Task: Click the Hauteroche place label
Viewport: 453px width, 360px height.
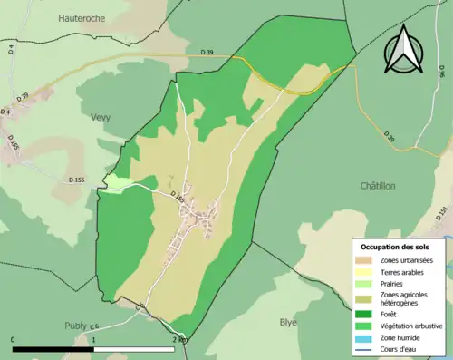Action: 82,18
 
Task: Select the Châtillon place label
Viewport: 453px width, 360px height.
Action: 378,186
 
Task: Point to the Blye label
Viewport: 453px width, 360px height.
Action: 288,322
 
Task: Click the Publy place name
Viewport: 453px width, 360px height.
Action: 76,325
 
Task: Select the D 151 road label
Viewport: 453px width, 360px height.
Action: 442,214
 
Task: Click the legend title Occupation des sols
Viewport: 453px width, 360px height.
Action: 395,247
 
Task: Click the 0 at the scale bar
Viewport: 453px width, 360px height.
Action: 14,339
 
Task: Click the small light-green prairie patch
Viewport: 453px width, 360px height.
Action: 118,183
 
